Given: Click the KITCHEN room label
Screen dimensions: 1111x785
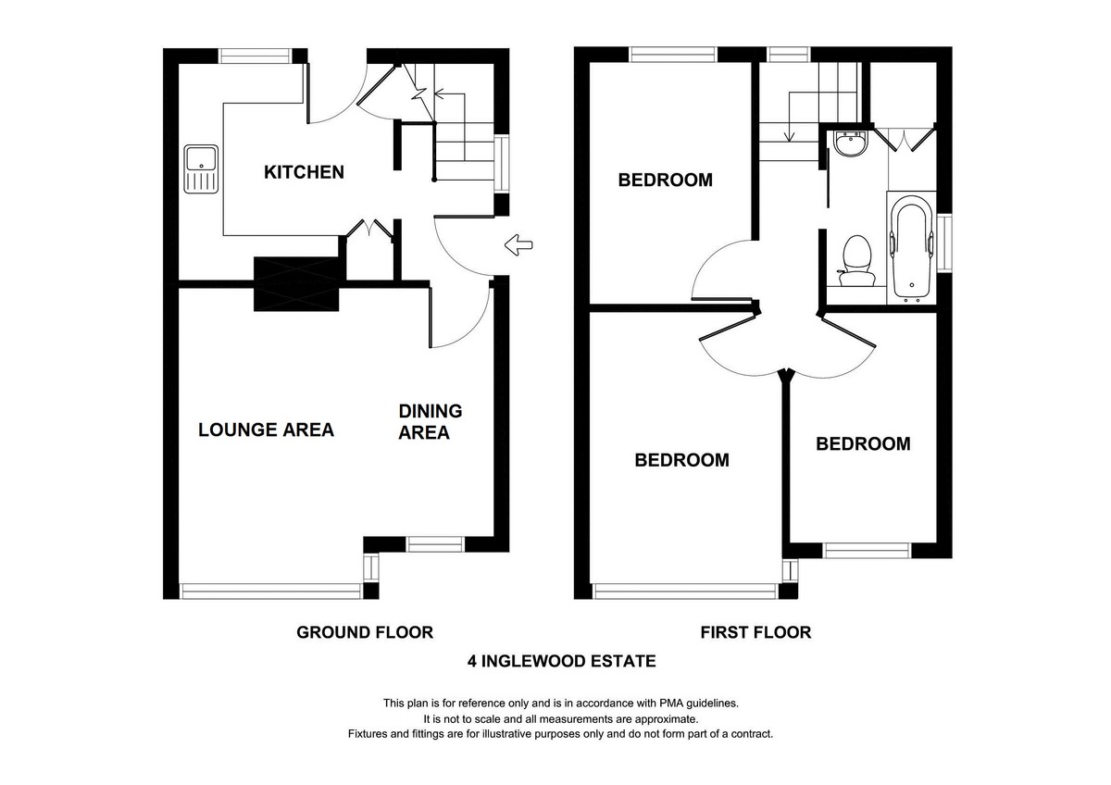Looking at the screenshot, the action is (x=304, y=172).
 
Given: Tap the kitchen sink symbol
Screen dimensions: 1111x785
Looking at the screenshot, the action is (x=201, y=169).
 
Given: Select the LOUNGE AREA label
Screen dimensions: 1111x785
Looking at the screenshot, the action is (x=266, y=430).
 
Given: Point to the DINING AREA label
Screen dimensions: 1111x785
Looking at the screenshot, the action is (x=430, y=422).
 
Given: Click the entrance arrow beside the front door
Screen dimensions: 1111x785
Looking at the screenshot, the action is (x=518, y=245).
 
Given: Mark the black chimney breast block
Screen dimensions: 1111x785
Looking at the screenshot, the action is (x=296, y=283).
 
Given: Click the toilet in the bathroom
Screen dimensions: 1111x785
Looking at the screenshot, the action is (x=857, y=261).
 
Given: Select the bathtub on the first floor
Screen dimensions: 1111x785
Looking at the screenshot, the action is (x=911, y=248).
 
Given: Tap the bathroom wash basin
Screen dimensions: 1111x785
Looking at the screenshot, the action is (x=851, y=143).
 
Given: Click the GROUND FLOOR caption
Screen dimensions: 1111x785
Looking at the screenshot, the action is (x=365, y=633).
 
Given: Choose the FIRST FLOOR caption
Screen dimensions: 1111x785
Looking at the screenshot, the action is (x=755, y=633).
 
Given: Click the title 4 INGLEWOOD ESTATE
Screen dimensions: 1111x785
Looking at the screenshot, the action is (x=561, y=662).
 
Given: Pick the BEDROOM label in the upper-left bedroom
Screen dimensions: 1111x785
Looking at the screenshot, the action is (x=665, y=180).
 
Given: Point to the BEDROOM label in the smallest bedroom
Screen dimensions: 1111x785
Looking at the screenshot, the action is (x=863, y=443).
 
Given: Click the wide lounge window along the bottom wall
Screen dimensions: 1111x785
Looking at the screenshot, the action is (x=270, y=592).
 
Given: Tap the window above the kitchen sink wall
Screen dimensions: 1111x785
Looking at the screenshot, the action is (x=256, y=56).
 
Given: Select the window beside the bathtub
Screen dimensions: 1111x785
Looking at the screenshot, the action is (x=944, y=243).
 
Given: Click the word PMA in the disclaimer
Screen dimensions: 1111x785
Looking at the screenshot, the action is (x=671, y=704).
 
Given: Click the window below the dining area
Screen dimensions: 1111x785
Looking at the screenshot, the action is (x=435, y=544).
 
